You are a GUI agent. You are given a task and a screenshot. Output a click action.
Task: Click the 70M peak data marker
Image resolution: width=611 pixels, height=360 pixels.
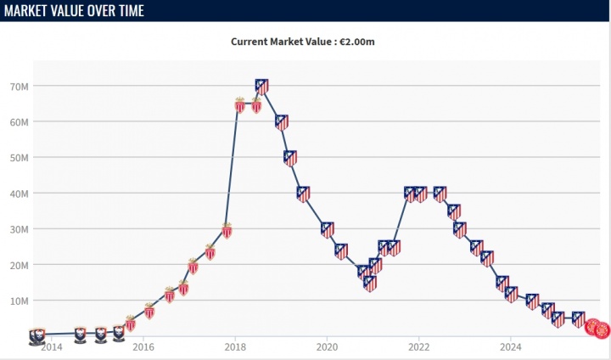click(x=262, y=86)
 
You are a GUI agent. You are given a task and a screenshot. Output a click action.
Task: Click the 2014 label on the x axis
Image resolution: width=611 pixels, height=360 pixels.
click(x=52, y=346)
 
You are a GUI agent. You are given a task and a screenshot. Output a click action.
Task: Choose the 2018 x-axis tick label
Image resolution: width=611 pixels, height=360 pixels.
click(x=235, y=346)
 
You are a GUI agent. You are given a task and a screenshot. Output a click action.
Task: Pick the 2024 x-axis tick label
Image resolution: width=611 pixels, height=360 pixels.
click(x=511, y=346)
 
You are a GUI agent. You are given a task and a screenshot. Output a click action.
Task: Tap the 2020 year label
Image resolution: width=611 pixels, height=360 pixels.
click(x=327, y=346)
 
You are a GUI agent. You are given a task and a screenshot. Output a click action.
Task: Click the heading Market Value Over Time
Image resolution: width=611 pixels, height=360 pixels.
click(x=74, y=11)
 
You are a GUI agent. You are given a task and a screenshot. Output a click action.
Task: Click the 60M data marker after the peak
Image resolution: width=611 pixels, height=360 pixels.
click(x=282, y=121)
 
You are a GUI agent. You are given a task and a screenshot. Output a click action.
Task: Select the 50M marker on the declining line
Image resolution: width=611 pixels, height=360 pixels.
click(x=290, y=157)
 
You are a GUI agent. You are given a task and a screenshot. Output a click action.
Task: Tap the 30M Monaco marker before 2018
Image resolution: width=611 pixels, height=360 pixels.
click(x=227, y=229)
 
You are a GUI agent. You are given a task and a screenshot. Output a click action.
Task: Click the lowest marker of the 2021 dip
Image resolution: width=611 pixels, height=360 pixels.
click(x=370, y=283)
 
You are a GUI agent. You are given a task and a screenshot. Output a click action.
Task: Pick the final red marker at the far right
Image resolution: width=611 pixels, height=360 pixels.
click(x=602, y=330)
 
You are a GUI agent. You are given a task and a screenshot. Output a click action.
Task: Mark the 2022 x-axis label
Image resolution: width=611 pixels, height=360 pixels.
click(x=418, y=346)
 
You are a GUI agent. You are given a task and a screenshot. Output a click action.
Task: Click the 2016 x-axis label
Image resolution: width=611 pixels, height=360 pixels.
click(x=143, y=346)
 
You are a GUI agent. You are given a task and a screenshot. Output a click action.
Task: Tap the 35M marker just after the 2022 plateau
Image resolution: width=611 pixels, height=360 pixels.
click(x=454, y=211)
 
